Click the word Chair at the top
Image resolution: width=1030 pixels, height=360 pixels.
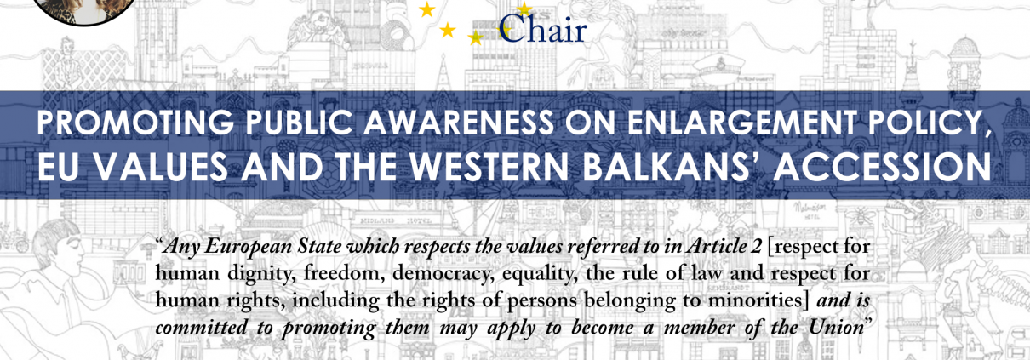click(x=542, y=28)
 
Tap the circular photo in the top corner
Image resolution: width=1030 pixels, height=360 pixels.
click(x=84, y=10)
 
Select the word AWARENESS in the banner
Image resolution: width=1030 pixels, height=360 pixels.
click(x=459, y=123)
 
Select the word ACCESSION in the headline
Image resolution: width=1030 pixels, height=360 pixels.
click(x=882, y=166)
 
